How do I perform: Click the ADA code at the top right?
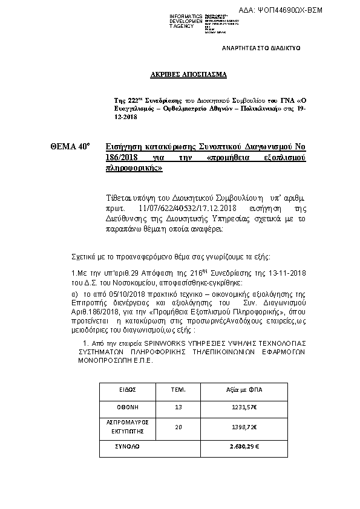tap(315, 11)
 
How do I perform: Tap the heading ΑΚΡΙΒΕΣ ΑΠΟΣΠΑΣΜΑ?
tap(188, 76)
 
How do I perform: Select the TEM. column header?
tap(178, 390)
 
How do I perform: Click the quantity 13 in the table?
tap(178, 407)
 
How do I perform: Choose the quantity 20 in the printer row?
tap(178, 427)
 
